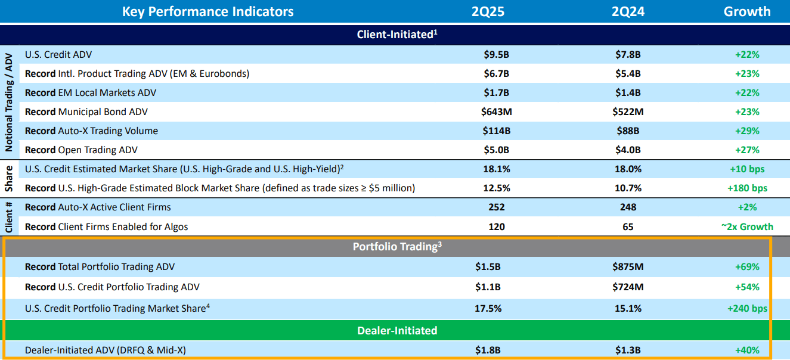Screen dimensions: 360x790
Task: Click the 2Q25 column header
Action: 488,11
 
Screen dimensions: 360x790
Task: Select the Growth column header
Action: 747,11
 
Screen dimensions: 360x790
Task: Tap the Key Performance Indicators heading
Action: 207,11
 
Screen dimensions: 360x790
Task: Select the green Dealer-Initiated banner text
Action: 397,330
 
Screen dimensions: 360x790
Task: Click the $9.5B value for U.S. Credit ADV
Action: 496,55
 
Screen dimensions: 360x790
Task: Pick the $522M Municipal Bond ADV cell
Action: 628,112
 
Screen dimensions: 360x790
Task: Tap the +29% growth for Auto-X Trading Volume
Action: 747,131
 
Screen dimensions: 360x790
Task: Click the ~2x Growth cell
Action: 747,226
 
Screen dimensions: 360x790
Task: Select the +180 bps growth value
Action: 747,188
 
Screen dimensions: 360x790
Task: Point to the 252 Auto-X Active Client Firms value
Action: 496,207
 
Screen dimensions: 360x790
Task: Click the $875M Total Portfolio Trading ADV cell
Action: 628,267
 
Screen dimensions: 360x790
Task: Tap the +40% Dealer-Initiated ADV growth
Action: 747,350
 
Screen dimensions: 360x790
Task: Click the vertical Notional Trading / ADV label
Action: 9,101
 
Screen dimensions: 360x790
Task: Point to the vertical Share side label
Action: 9,179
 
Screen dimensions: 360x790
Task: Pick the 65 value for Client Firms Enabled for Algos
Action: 628,226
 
